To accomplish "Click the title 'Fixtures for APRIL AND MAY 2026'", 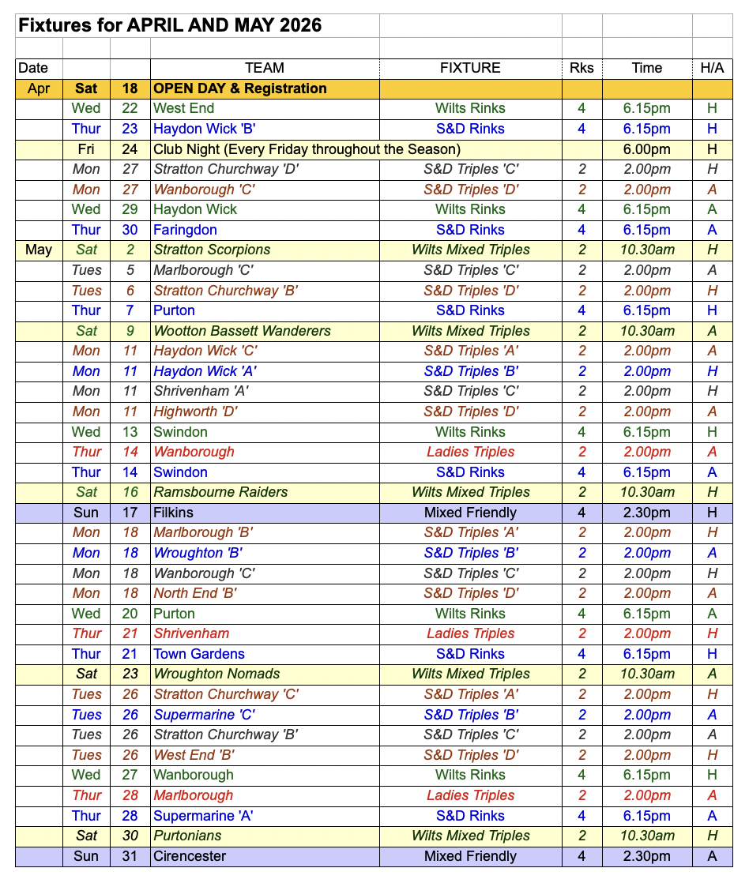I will pos(170,24).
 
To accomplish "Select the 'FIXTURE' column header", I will pos(470,68).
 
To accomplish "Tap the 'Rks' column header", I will pos(582,68).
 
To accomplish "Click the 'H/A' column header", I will pos(712,68).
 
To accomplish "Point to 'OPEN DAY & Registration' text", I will pos(240,88).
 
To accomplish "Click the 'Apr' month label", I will pos(39,88).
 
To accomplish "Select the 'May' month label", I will pos(39,250).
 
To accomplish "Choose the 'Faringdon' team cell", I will pos(185,230).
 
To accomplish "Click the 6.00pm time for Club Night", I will pos(646,149).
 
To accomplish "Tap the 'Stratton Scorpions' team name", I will pos(212,250).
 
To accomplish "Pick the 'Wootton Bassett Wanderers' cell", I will pos(242,331).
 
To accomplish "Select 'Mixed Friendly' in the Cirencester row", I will pos(470,856).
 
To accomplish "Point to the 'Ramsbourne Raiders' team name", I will pos(220,492).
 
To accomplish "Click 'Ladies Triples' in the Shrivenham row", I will pos(470,633).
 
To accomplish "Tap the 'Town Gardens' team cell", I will pos(199,654).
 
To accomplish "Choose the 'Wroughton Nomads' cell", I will pos(216,674).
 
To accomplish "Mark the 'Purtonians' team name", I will pos(187,836).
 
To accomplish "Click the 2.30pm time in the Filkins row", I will pos(646,513).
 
